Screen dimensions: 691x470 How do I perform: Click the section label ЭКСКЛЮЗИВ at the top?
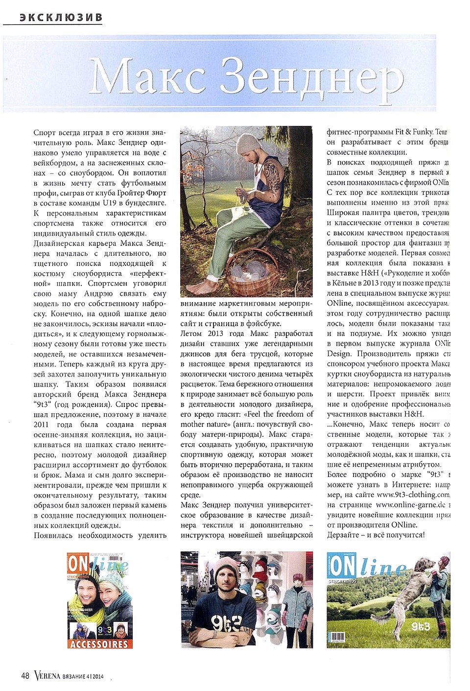[61, 17]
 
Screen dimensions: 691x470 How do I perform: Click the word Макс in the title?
[147, 76]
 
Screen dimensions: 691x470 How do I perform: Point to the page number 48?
[25, 676]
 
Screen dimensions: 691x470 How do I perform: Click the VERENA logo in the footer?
[47, 676]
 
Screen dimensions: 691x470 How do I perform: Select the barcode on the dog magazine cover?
[337, 637]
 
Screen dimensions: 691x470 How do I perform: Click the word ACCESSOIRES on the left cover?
[99, 643]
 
